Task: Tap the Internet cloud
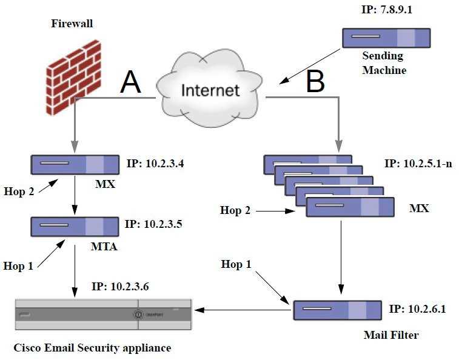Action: coord(210,91)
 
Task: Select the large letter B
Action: coord(315,82)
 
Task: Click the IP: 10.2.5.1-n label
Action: coord(419,164)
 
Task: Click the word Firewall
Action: coord(72,24)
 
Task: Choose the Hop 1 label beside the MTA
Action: coord(18,265)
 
